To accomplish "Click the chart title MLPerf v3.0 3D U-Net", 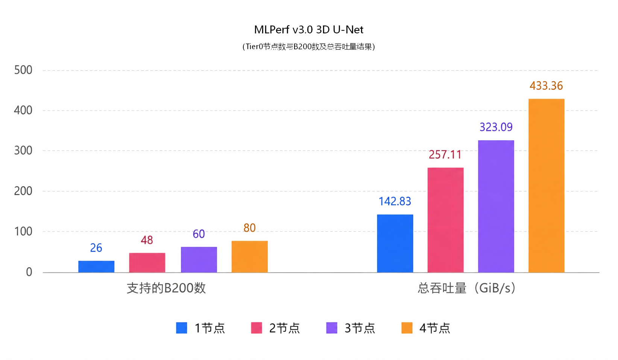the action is [x=308, y=30].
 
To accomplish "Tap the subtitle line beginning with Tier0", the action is [x=308, y=47].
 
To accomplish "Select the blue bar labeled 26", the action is [x=96, y=266].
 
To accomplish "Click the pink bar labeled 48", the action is [x=147, y=263].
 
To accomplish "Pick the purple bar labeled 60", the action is [x=199, y=260].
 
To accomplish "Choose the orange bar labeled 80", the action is [x=250, y=257].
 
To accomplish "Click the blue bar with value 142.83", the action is [x=395, y=243].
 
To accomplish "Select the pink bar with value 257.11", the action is [x=446, y=220].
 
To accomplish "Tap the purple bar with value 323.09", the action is [x=496, y=207].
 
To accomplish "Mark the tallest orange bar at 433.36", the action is [x=547, y=186].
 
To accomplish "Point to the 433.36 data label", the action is [x=546, y=86].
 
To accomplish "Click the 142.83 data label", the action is [x=395, y=201].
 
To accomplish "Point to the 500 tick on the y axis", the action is [x=23, y=70].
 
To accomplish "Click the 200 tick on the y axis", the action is [x=23, y=191].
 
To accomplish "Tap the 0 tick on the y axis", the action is [x=29, y=272].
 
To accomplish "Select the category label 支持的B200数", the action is [x=166, y=288].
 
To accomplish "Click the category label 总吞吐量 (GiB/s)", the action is [x=466, y=288].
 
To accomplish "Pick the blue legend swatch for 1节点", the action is [x=182, y=328].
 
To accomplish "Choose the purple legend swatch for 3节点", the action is [x=332, y=328].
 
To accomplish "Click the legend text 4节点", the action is [x=434, y=328].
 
